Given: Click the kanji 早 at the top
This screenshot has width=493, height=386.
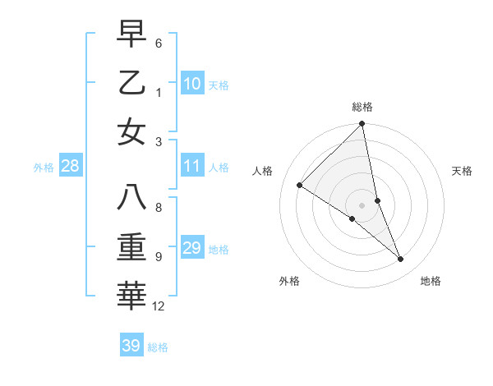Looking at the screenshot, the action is (x=132, y=35).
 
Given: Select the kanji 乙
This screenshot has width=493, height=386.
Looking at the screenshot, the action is (x=132, y=83).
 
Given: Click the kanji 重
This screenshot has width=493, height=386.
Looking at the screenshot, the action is (x=132, y=247).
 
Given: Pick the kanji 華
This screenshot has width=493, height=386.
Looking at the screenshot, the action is (x=132, y=296).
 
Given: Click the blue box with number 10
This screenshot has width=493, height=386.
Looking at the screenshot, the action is (x=191, y=84).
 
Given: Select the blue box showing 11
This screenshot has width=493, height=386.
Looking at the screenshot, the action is (x=191, y=167).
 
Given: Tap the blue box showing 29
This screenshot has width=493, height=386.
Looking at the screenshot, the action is (x=191, y=249).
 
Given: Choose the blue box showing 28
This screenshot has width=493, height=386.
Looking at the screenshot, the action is (x=70, y=167).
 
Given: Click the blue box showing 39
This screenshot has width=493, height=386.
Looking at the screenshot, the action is (x=131, y=347).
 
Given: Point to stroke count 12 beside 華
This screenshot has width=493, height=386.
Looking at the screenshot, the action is (x=159, y=306).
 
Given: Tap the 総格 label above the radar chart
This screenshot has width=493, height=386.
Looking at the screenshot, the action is (x=362, y=107).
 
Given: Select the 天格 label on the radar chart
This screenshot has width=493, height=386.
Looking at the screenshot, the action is (x=463, y=171).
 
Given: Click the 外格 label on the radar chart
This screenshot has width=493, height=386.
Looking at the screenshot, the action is (x=289, y=281).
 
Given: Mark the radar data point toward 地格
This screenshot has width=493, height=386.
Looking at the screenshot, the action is (x=401, y=260).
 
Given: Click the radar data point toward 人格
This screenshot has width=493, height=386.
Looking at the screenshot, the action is (x=300, y=186).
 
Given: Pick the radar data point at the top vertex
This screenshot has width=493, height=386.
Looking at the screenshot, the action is (x=362, y=125).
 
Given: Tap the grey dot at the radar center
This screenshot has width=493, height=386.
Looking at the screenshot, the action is (x=362, y=204).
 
